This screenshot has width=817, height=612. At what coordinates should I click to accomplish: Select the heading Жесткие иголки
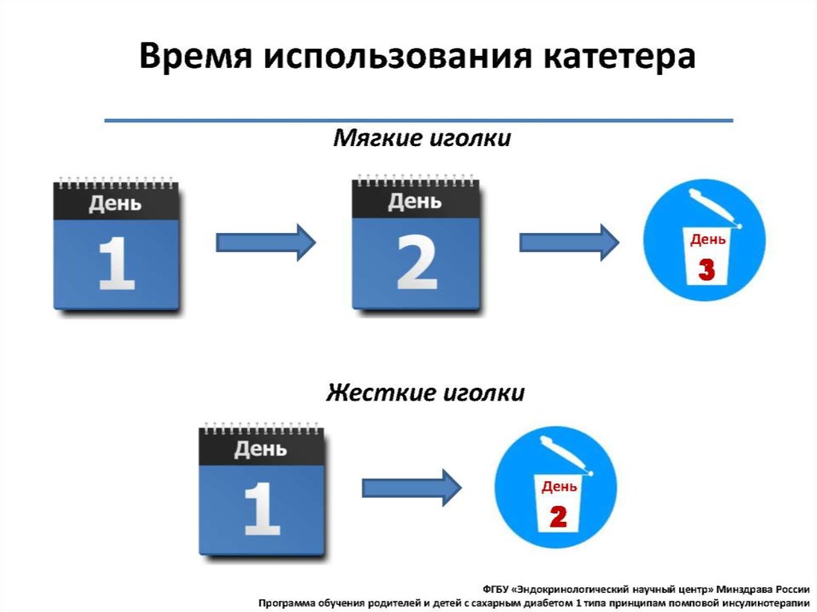(424, 393)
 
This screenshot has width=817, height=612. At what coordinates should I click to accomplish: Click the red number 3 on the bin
(707, 269)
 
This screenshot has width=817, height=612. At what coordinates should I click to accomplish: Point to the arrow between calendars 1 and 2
(266, 241)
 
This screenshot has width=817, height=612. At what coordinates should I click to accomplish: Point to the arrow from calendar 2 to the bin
(569, 241)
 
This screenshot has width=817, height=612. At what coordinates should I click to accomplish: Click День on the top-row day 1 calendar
(115, 203)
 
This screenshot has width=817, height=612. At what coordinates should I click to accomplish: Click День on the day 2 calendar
(415, 202)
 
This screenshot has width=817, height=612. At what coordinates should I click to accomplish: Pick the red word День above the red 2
(559, 487)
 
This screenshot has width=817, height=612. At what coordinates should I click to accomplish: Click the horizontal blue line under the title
(419, 120)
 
